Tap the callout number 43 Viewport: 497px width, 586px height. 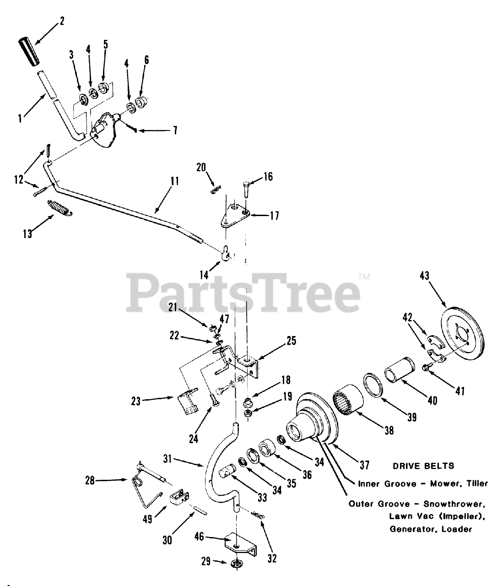point(425,276)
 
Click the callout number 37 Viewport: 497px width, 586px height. point(364,465)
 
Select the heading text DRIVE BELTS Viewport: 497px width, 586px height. point(423,466)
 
